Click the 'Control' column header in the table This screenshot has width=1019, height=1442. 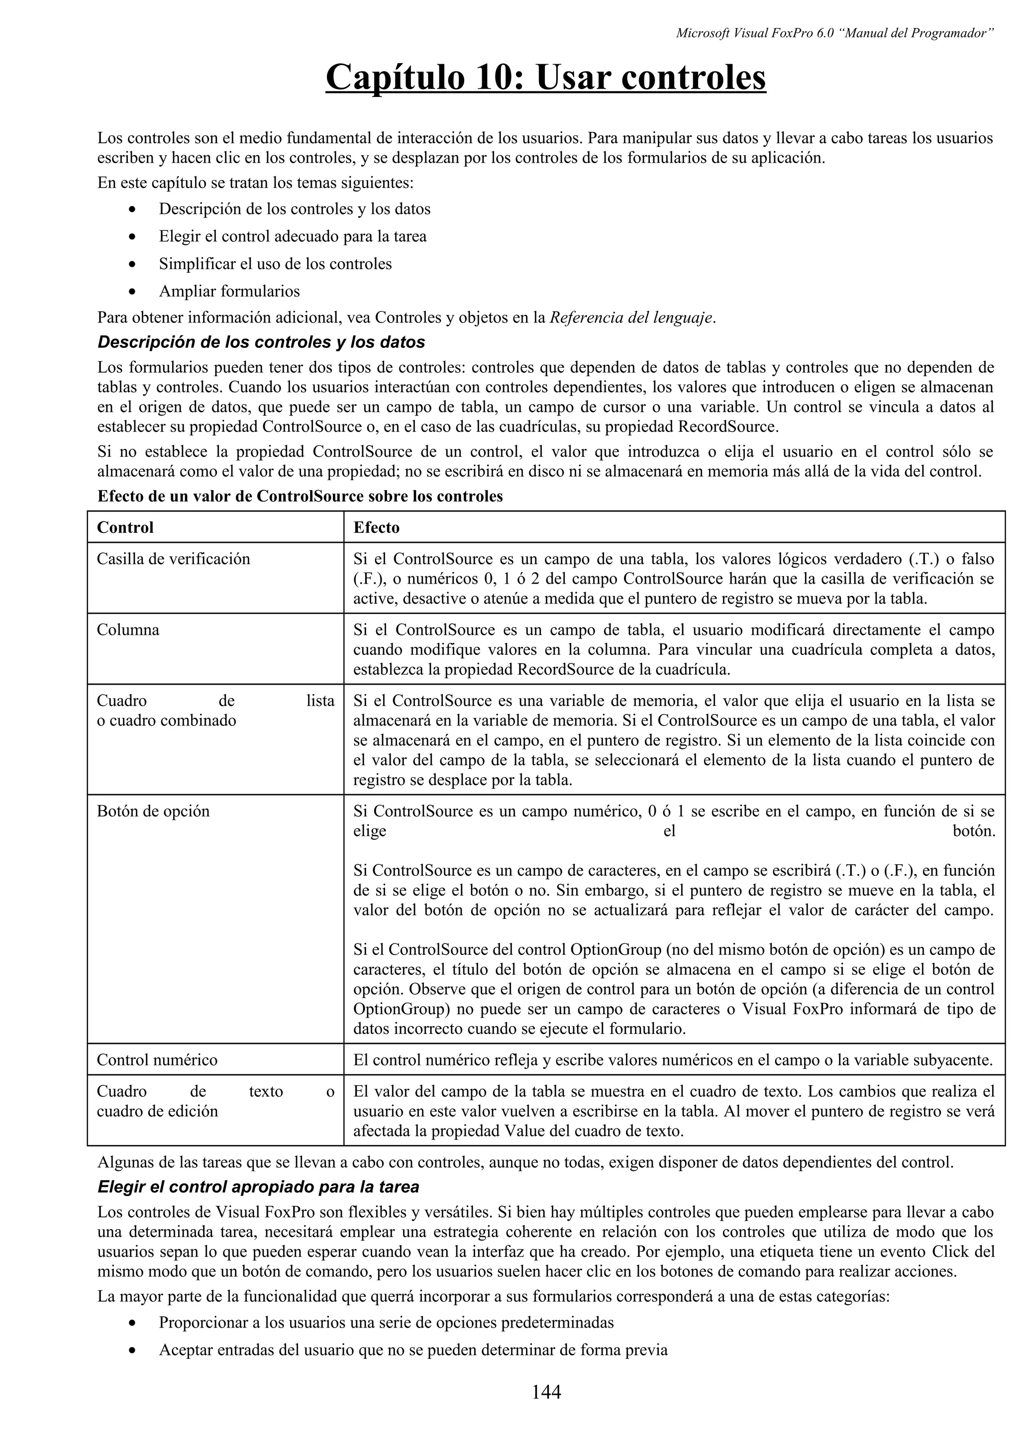(x=125, y=527)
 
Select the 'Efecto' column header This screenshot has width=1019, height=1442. (x=376, y=527)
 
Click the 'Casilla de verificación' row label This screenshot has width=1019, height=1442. (x=173, y=558)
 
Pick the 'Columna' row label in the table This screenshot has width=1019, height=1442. (x=128, y=629)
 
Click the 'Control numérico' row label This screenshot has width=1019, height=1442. (x=157, y=1060)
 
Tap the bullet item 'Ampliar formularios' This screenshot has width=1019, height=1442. (x=229, y=291)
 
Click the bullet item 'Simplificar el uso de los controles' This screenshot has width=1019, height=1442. (x=275, y=263)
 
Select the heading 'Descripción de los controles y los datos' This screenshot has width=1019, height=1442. (x=261, y=342)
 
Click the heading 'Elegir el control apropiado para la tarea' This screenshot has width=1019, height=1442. (x=258, y=1187)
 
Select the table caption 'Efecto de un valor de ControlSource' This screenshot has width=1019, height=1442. (x=300, y=496)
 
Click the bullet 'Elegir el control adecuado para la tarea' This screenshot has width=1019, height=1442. (x=293, y=236)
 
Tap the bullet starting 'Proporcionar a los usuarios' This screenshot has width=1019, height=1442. (x=386, y=1322)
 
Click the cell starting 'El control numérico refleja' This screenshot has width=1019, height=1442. (x=673, y=1060)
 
